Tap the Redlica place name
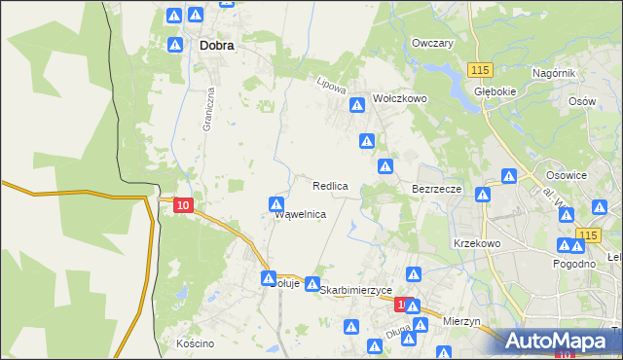point(331,185)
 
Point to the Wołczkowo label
point(401,99)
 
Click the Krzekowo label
point(476,243)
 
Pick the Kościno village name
point(195,343)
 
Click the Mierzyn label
point(461,320)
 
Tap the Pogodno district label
point(573,265)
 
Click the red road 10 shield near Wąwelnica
point(184,204)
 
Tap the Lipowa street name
point(332,86)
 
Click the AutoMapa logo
point(561,340)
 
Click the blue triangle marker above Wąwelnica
point(276,204)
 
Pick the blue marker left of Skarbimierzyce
point(312,284)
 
